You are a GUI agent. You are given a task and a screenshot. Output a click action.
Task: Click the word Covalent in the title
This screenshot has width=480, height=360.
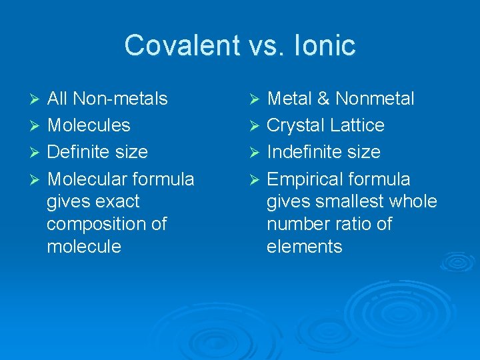coord(171,45)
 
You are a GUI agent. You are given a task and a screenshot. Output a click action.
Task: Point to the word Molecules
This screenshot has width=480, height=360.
coord(88,125)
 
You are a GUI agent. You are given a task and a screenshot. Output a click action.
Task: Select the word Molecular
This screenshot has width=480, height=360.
coord(89,179)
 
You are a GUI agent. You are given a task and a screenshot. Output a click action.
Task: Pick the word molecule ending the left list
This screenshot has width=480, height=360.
coord(84,247)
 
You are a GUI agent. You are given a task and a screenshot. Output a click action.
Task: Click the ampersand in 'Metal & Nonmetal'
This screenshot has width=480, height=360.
coord(323,99)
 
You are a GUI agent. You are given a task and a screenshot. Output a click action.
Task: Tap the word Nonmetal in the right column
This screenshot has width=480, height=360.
coord(375,99)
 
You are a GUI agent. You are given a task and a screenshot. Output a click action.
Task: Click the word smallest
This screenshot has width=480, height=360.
coord(355,201)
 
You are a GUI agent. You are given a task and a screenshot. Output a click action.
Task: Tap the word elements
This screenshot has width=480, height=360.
coord(304,247)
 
